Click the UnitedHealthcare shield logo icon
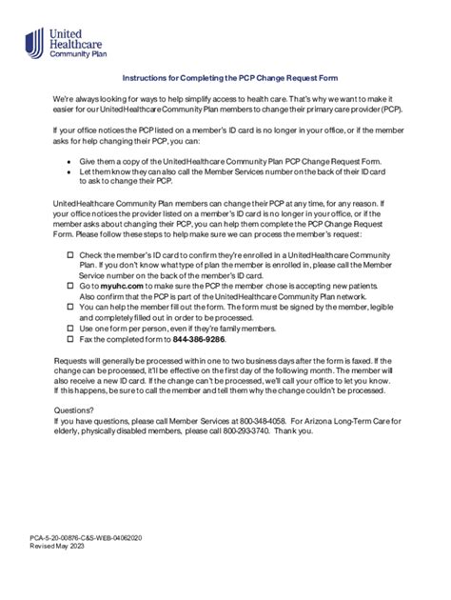pos(34,43)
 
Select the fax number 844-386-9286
pos(199,338)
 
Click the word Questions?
pos(75,409)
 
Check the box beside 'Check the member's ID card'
pos(69,256)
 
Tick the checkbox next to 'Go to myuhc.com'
pos(69,285)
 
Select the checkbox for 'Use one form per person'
pos(69,328)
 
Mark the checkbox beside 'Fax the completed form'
pos(69,338)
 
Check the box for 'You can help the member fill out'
pos(69,307)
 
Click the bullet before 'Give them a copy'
pos(69,163)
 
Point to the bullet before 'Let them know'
pos(69,173)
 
